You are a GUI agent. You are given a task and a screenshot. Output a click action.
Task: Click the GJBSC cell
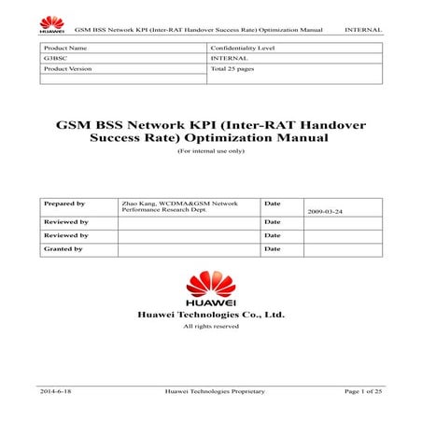point(55,58)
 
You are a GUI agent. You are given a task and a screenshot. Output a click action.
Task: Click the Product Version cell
point(68,69)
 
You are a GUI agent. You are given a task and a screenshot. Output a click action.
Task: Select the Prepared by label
point(64,203)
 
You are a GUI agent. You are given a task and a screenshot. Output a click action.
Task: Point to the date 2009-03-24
point(326,213)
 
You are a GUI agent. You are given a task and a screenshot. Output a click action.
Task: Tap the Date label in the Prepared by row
point(273,203)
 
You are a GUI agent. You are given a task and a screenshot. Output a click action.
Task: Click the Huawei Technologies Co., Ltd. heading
point(210,315)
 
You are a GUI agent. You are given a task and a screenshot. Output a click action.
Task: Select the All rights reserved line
point(210,326)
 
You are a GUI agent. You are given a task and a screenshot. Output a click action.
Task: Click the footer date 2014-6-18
point(56,391)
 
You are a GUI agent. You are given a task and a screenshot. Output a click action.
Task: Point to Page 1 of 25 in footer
point(363,391)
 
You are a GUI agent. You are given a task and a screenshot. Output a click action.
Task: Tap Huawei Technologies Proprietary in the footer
point(214,391)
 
